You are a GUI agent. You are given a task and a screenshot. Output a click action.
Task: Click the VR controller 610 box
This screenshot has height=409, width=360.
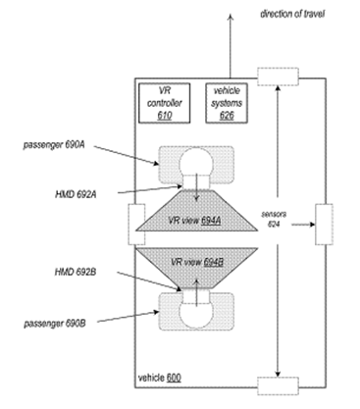[163, 103]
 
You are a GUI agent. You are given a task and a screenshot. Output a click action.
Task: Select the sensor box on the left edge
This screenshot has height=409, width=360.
[135, 225]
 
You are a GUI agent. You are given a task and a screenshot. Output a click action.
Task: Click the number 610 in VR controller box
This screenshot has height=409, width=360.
[163, 114]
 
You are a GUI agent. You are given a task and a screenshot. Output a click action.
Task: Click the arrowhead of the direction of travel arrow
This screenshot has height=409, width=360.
[230, 14]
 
